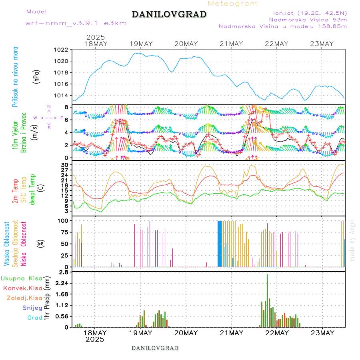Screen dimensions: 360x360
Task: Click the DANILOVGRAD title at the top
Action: pyautogui.click(x=169, y=14)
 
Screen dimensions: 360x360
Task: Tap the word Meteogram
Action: pyautogui.click(x=233, y=4)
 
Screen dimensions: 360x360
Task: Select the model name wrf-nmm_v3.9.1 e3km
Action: pyautogui.click(x=76, y=23)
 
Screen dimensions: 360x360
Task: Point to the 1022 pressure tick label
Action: pyautogui.click(x=61, y=50)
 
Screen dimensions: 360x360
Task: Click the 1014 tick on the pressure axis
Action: pyautogui.click(x=61, y=96)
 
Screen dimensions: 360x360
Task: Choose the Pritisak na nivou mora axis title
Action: pyautogui.click(x=15, y=77)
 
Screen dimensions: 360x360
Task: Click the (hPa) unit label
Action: pyautogui.click(x=36, y=76)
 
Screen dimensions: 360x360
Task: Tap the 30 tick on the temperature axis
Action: pyautogui.click(x=66, y=165)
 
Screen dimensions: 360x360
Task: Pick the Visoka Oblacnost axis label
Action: pyautogui.click(x=7, y=244)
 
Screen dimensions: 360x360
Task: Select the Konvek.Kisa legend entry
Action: pyautogui.click(x=22, y=288)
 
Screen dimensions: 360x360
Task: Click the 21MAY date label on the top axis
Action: pyautogui.click(x=231, y=44)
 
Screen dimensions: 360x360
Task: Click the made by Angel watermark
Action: pyautogui.click(x=352, y=240)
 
